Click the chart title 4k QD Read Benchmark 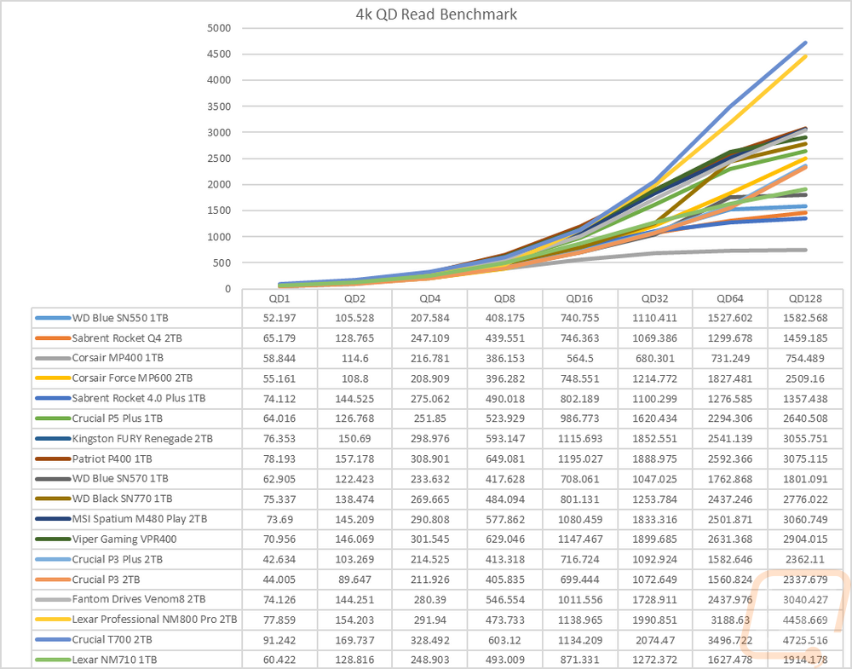[x=436, y=14]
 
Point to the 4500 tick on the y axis [x=219, y=54]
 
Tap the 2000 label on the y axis [x=219, y=184]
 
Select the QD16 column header [x=579, y=298]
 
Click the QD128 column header [x=805, y=298]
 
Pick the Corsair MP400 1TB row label [x=118, y=358]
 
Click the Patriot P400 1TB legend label [x=112, y=458]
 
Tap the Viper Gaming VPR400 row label [x=124, y=539]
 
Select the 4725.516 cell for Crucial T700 [x=805, y=640]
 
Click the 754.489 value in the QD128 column [x=805, y=358]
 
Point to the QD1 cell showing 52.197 [x=279, y=318]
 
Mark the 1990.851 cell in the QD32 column [x=654, y=620]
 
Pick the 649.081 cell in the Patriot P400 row [x=504, y=458]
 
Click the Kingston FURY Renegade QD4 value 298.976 [x=429, y=439]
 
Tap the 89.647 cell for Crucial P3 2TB [x=354, y=580]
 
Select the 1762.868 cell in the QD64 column [x=730, y=479]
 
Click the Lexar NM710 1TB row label [x=115, y=660]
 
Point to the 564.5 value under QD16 [x=579, y=358]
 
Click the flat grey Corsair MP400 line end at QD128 [x=805, y=250]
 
